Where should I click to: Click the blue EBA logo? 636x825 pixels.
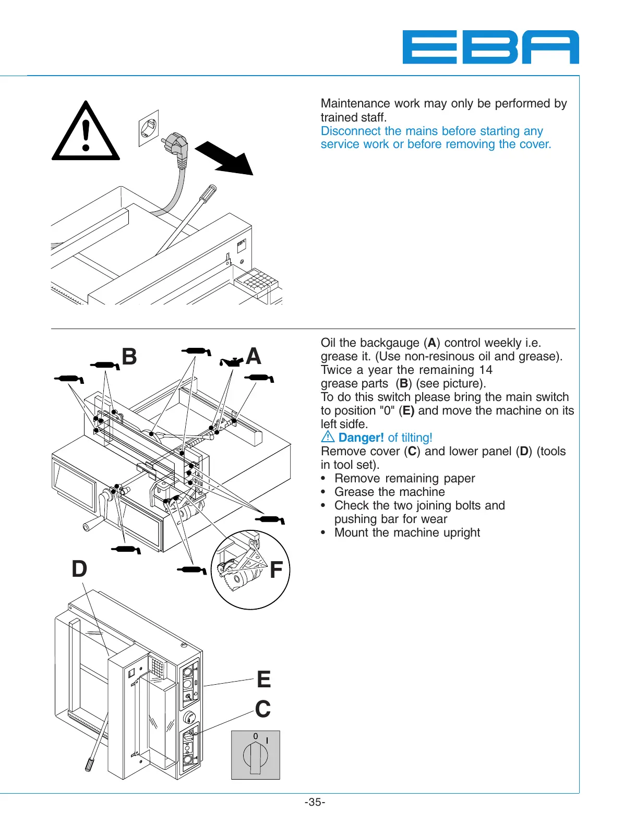(490, 47)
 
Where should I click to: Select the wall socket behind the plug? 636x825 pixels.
(149, 127)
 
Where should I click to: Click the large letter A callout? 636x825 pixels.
(254, 356)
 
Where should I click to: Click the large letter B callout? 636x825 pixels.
(129, 357)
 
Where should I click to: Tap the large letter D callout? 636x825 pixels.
(79, 568)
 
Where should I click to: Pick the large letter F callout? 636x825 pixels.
(276, 570)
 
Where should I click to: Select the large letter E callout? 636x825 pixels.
(264, 680)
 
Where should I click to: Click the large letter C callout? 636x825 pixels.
(263, 709)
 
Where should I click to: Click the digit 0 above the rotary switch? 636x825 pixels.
(256, 736)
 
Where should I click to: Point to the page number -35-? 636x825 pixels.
(315, 802)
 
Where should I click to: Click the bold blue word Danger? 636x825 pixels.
(361, 438)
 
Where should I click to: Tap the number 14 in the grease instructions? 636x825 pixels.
(486, 370)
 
